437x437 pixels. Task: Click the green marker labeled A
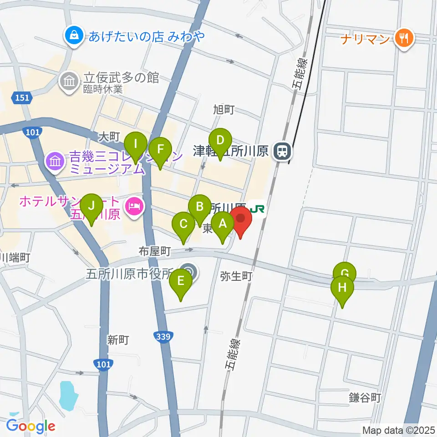tap(223, 224)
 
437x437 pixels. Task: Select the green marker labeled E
tap(181, 281)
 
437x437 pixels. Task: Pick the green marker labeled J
tap(92, 206)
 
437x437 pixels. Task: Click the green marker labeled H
tap(342, 288)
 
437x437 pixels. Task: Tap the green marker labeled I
tap(136, 145)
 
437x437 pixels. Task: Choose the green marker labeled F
tap(160, 150)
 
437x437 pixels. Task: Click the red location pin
tap(241, 218)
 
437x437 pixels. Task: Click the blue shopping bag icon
tap(73, 36)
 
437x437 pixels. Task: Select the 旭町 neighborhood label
tap(224, 109)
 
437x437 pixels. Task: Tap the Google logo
tap(30, 426)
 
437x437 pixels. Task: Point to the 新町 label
tap(118, 340)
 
